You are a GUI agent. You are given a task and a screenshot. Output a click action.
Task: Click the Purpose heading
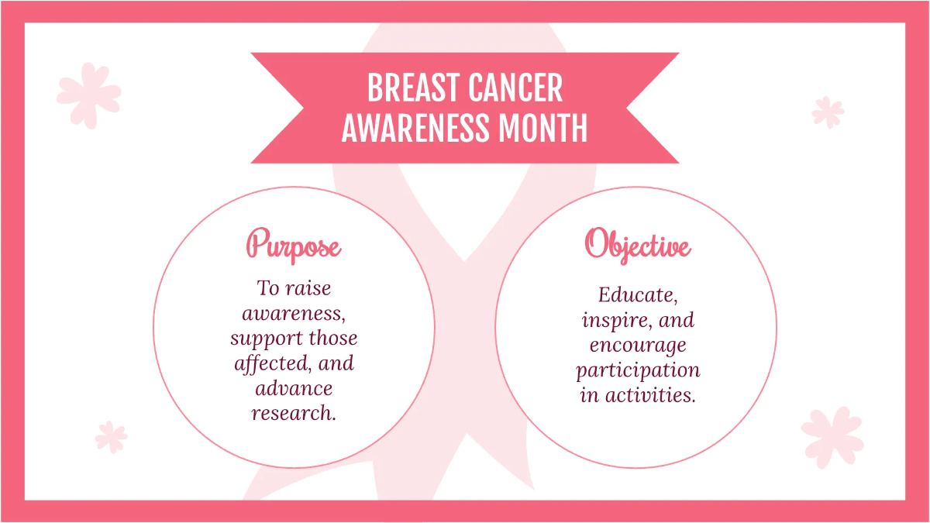coord(294,246)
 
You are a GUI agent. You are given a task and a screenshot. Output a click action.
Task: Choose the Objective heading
coord(637,244)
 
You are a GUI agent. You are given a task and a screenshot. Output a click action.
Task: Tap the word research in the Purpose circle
coord(293,413)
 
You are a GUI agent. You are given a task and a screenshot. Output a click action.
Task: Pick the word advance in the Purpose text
coord(294,388)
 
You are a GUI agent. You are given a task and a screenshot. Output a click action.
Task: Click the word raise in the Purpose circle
coord(308,288)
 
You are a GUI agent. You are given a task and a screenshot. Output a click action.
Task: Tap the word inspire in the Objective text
coord(615,320)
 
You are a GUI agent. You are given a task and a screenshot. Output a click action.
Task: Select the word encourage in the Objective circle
coord(638,345)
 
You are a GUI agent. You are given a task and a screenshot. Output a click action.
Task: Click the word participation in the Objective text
coord(638,370)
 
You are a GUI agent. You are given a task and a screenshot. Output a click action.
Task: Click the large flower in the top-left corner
coord(88,95)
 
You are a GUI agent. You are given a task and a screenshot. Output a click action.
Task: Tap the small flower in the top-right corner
coord(828,112)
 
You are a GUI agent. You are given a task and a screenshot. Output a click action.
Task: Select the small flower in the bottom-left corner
coord(111,437)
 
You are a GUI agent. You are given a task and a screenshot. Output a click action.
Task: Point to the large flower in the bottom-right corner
coord(832,435)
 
